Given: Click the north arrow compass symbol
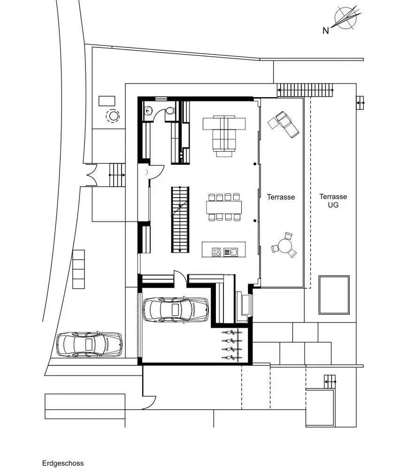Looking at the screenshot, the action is [346, 19].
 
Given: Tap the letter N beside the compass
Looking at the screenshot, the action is [325, 31].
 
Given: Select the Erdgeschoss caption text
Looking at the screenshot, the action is [63, 463].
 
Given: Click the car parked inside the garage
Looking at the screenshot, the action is [175, 309].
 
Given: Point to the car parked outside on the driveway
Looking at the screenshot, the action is [89, 344].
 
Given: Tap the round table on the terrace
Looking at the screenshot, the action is [285, 245].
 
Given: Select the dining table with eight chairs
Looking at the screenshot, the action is [223, 207].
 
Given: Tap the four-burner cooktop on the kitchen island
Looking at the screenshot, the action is [216, 252].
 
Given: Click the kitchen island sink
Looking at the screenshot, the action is [230, 252].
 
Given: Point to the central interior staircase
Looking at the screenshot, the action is [180, 220].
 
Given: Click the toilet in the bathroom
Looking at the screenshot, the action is [169, 111].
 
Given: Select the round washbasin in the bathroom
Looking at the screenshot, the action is [149, 111].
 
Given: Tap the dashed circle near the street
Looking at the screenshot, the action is [113, 115].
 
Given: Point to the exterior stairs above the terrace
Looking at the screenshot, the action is [305, 89].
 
